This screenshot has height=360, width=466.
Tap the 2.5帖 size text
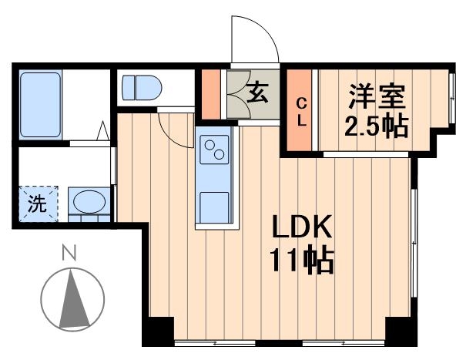click(x=376, y=125)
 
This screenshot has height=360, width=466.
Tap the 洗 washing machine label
click(x=36, y=205)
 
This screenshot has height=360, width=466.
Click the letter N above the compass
click(x=70, y=251)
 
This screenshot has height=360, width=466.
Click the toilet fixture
click(x=139, y=86)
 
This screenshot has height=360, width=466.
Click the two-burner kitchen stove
click(x=213, y=148)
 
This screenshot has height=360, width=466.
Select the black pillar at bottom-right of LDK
click(x=401, y=331)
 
